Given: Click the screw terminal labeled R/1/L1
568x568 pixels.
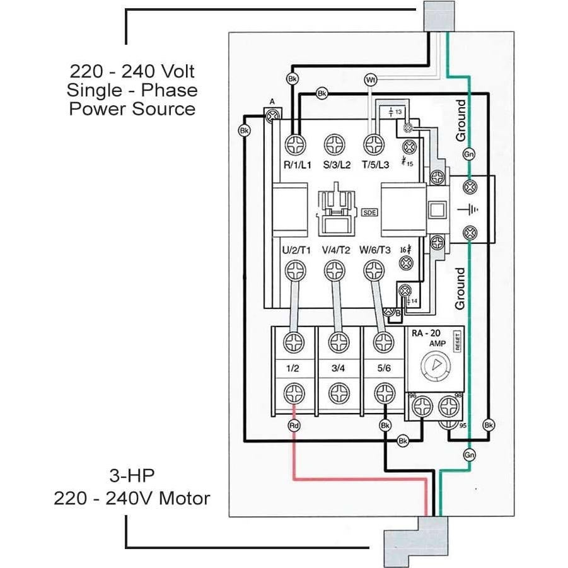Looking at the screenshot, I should (x=294, y=144).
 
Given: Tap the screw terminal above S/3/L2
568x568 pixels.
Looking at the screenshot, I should (x=334, y=144).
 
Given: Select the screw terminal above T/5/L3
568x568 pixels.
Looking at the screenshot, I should (x=374, y=144).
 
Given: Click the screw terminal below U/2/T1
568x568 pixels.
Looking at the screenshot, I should (x=294, y=272).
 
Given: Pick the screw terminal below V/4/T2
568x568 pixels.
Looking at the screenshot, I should (x=334, y=272).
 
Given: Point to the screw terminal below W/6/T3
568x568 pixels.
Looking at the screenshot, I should (x=374, y=272).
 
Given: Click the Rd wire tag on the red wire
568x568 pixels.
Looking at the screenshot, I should (x=294, y=426).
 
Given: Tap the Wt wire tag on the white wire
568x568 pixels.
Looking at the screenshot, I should (x=370, y=80).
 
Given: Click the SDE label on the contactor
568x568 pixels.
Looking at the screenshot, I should (x=369, y=212).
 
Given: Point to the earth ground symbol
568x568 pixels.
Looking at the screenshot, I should (x=469, y=209).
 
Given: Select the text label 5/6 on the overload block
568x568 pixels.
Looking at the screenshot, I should (x=382, y=368).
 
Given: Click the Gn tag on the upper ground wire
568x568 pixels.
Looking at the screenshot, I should (x=469, y=154).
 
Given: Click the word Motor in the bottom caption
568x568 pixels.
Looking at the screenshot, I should (x=184, y=499).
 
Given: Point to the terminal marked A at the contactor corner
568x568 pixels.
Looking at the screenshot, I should (x=273, y=116).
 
